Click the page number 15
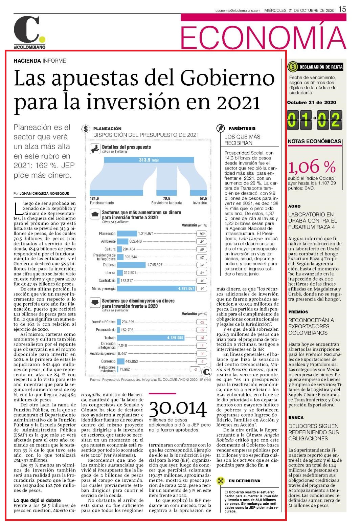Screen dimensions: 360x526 tap(342, 9)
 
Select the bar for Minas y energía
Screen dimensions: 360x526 tap(156, 288)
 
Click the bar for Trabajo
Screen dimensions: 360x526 tap(151, 338)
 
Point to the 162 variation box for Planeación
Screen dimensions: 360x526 tap(202, 234)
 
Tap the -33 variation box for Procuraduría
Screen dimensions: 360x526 tap(202, 330)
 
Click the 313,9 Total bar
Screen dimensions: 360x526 tap(149, 160)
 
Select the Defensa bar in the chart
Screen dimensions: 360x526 tap(131, 265)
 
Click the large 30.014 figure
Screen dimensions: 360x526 tap(178, 409)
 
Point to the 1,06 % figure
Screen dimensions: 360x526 tap(312, 166)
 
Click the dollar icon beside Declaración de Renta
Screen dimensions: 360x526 tap(293, 67)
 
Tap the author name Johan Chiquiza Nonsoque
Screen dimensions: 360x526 tap(44, 194)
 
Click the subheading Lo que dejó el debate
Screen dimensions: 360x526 tap(37, 500)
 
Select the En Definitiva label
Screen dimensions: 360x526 tap(244, 481)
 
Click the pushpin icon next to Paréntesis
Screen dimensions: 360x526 tap(220, 128)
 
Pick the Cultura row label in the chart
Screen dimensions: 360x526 tap(110, 249)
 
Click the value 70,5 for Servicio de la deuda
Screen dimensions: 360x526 tap(166, 198)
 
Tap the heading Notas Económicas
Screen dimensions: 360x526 tap(314, 141)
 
